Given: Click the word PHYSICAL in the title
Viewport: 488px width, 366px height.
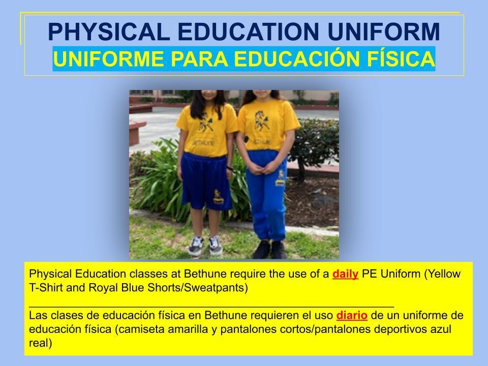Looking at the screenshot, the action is click(109, 32).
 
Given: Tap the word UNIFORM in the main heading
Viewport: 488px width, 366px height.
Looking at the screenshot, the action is click(384, 32).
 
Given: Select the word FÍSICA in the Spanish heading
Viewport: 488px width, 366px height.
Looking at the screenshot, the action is click(401, 58).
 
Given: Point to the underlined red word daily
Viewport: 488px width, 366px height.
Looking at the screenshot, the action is click(345, 274).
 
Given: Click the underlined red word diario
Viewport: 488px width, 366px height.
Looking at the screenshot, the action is click(352, 315).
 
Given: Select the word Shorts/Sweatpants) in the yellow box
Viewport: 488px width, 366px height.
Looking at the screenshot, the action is click(198, 288).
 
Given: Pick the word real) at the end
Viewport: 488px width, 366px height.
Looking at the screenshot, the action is click(41, 343).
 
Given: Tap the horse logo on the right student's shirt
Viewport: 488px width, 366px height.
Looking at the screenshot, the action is click(262, 120).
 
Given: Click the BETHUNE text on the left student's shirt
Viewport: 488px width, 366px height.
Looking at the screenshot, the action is click(203, 143).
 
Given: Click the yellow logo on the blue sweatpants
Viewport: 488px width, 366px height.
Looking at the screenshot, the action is click(281, 178).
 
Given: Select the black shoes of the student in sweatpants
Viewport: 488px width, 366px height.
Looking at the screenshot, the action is click(269, 249).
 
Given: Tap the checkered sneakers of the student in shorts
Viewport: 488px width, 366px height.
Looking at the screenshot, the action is click(205, 246).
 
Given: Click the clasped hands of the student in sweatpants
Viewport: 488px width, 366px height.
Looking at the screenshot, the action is click(262, 169).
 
